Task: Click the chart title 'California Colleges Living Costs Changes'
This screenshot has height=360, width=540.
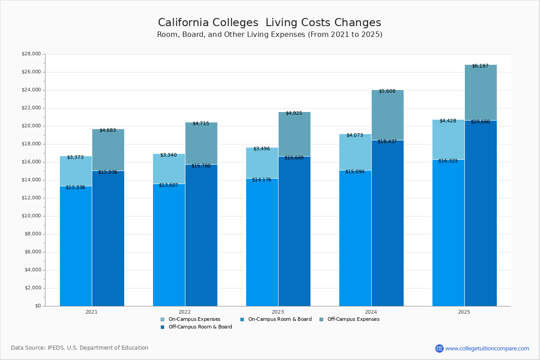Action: click(269, 23)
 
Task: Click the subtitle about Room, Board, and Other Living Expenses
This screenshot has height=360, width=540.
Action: click(270, 35)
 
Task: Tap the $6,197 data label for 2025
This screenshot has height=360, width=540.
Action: click(480, 66)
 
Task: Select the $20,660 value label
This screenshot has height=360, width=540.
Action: click(480, 122)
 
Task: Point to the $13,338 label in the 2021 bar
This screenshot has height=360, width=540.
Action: click(75, 188)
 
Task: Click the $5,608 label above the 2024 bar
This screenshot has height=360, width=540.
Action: click(387, 91)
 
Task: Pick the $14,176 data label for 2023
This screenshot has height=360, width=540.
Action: click(261, 180)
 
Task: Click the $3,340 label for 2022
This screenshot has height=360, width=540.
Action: click(168, 155)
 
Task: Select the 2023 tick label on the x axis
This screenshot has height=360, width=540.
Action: click(278, 312)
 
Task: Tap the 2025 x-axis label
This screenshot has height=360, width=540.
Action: click(464, 312)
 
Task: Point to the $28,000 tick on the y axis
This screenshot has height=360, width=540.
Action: click(31, 54)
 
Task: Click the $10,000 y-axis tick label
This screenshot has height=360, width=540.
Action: click(31, 216)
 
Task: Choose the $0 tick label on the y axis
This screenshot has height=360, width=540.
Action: click(37, 306)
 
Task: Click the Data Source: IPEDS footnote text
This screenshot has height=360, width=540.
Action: click(80, 348)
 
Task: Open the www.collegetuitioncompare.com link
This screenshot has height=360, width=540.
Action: click(487, 348)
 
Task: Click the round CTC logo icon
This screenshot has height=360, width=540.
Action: click(439, 348)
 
